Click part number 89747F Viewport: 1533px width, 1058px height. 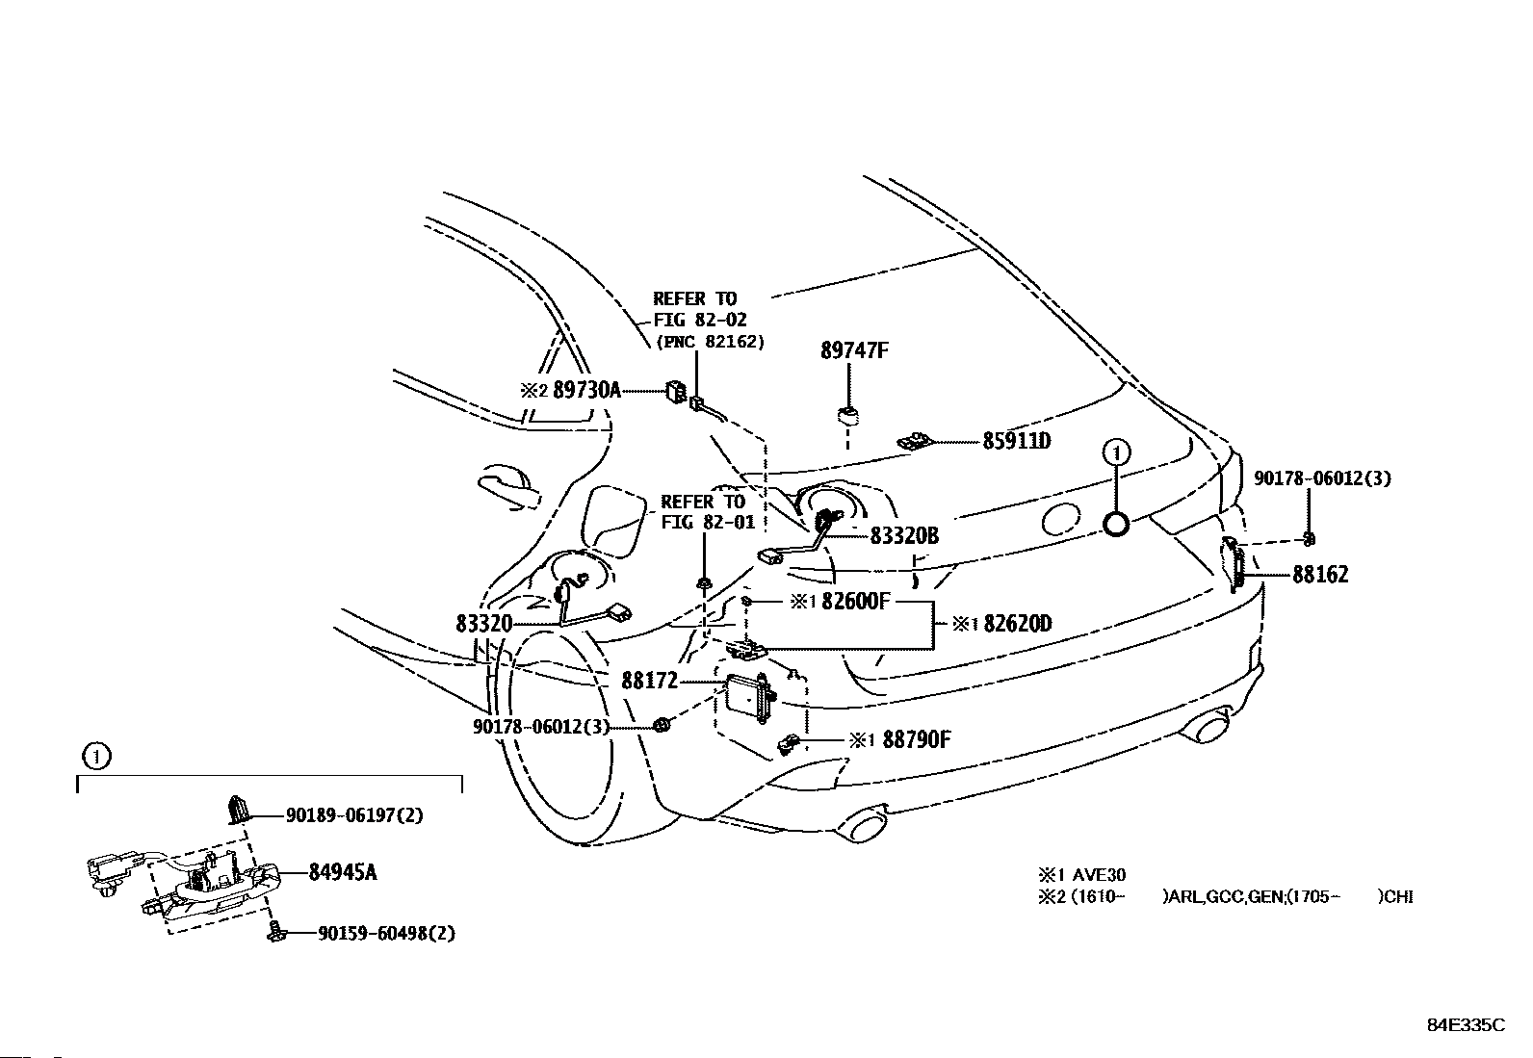853,350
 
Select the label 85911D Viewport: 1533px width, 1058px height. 1016,442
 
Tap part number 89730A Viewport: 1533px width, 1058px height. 586,390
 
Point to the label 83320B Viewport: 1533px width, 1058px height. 903,536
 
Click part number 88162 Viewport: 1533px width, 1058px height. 1320,575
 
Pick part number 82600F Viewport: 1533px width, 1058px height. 853,602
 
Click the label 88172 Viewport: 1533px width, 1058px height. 649,681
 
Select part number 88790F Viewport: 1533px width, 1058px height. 913,739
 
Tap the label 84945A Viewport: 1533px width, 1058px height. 342,872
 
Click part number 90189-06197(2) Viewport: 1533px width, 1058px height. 354,815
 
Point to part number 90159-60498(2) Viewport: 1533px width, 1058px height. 386,933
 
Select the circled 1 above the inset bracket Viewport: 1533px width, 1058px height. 96,757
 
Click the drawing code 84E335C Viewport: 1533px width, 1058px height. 1465,1025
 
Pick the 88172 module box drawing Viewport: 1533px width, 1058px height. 751,696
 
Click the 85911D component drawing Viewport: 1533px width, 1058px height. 915,441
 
